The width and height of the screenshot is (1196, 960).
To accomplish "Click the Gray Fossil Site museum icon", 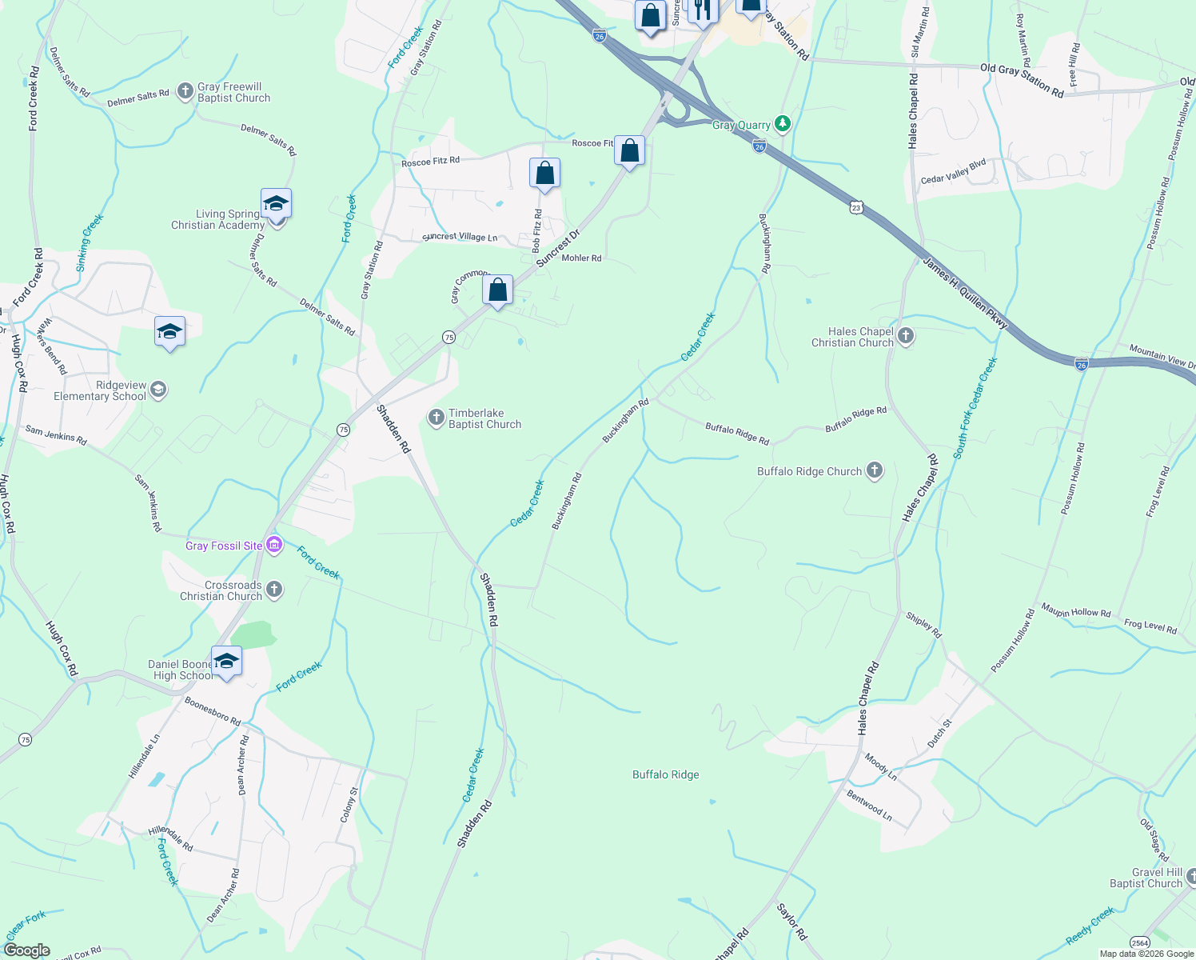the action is pyautogui.click(x=274, y=546).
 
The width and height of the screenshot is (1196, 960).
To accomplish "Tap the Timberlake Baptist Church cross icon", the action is pyautogui.click(x=436, y=417).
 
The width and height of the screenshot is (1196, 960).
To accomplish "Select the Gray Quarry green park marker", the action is pyautogui.click(x=783, y=124).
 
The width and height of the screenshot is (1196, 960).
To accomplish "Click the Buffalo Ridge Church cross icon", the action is pyautogui.click(x=875, y=470).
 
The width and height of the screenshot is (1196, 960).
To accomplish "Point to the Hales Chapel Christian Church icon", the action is pyautogui.click(x=906, y=336).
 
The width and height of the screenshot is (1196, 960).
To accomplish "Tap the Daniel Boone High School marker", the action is pyautogui.click(x=226, y=662).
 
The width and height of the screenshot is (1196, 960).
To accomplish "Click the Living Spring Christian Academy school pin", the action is pyautogui.click(x=276, y=205).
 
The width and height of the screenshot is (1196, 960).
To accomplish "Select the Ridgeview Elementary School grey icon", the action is pyautogui.click(x=158, y=390).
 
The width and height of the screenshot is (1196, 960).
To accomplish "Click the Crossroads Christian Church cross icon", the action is pyautogui.click(x=274, y=590).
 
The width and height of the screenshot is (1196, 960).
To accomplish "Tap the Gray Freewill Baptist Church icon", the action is pyautogui.click(x=185, y=91).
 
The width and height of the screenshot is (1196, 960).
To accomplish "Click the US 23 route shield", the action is pyautogui.click(x=856, y=206).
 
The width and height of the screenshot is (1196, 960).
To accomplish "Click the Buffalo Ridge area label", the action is pyautogui.click(x=665, y=774).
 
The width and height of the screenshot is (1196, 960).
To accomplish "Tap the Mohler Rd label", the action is pyautogui.click(x=581, y=258).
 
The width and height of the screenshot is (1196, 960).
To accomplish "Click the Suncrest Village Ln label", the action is pyautogui.click(x=460, y=237).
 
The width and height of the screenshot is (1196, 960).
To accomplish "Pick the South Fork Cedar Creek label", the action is pyautogui.click(x=975, y=408).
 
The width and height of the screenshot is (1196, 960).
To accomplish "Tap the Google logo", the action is pyautogui.click(x=26, y=950).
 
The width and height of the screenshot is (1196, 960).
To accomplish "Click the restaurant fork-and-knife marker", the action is pyautogui.click(x=702, y=10).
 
